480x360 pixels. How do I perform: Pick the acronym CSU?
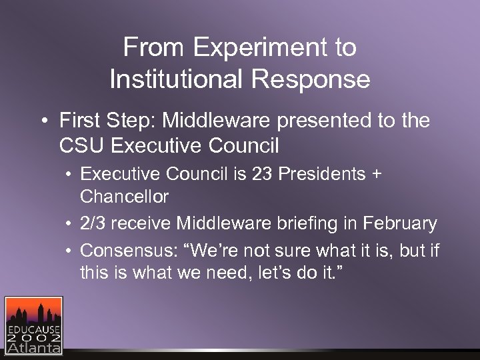pyautogui.click(x=81, y=145)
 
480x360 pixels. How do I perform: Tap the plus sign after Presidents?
pyautogui.click(x=377, y=175)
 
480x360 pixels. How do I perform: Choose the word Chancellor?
pyautogui.click(x=124, y=197)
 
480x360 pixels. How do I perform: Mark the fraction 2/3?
pyautogui.click(x=93, y=223)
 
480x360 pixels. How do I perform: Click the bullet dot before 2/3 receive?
pyautogui.click(x=69, y=224)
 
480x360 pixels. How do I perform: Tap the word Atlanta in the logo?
pyautogui.click(x=33, y=347)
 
